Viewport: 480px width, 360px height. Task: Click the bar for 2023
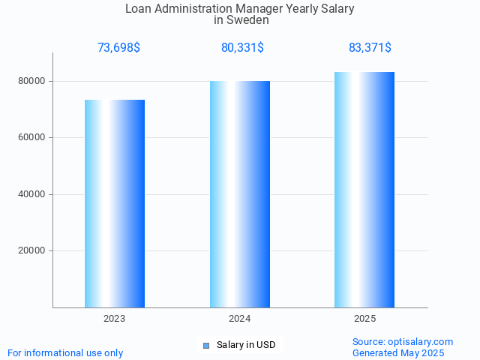(115, 203)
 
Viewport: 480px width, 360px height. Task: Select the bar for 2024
(240, 194)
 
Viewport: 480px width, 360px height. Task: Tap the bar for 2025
(364, 190)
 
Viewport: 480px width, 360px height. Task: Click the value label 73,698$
(118, 48)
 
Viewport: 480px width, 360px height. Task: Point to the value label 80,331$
(242, 48)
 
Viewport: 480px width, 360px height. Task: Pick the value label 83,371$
(370, 48)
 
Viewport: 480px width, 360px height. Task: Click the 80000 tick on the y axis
(34, 81)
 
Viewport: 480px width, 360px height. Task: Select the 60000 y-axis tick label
(34, 138)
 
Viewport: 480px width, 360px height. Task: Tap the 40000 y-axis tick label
(34, 194)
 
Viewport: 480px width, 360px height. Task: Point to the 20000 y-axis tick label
(34, 251)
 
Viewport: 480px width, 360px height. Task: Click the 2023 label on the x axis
(115, 319)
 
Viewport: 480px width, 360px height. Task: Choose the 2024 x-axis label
(240, 319)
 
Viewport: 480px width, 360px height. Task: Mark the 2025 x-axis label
(365, 319)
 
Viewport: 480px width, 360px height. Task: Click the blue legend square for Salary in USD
(205, 345)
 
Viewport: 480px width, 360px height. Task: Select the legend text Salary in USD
(246, 345)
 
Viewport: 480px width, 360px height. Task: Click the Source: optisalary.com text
(403, 342)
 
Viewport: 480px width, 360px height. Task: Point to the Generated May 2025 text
(398, 353)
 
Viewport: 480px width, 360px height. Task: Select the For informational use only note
(65, 353)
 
